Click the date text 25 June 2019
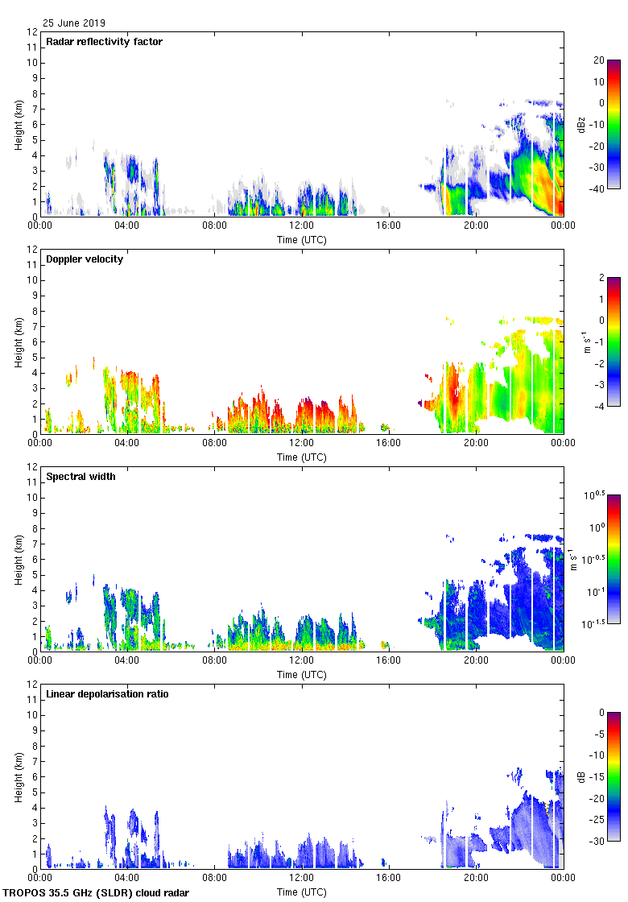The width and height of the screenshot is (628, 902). tap(74, 23)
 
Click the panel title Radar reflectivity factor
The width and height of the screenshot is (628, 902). tap(105, 42)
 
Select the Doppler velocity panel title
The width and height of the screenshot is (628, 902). tap(85, 259)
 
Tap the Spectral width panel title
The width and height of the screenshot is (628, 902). tap(81, 477)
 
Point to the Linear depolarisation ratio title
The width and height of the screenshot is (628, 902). tap(107, 694)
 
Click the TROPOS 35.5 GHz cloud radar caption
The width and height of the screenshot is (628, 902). tap(97, 893)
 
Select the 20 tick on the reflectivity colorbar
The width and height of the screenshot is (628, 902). tap(599, 60)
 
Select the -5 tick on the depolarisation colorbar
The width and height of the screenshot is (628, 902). tap(599, 734)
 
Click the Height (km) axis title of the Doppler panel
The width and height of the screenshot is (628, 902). tap(17, 342)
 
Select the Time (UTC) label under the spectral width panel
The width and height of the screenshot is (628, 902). tap(301, 674)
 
